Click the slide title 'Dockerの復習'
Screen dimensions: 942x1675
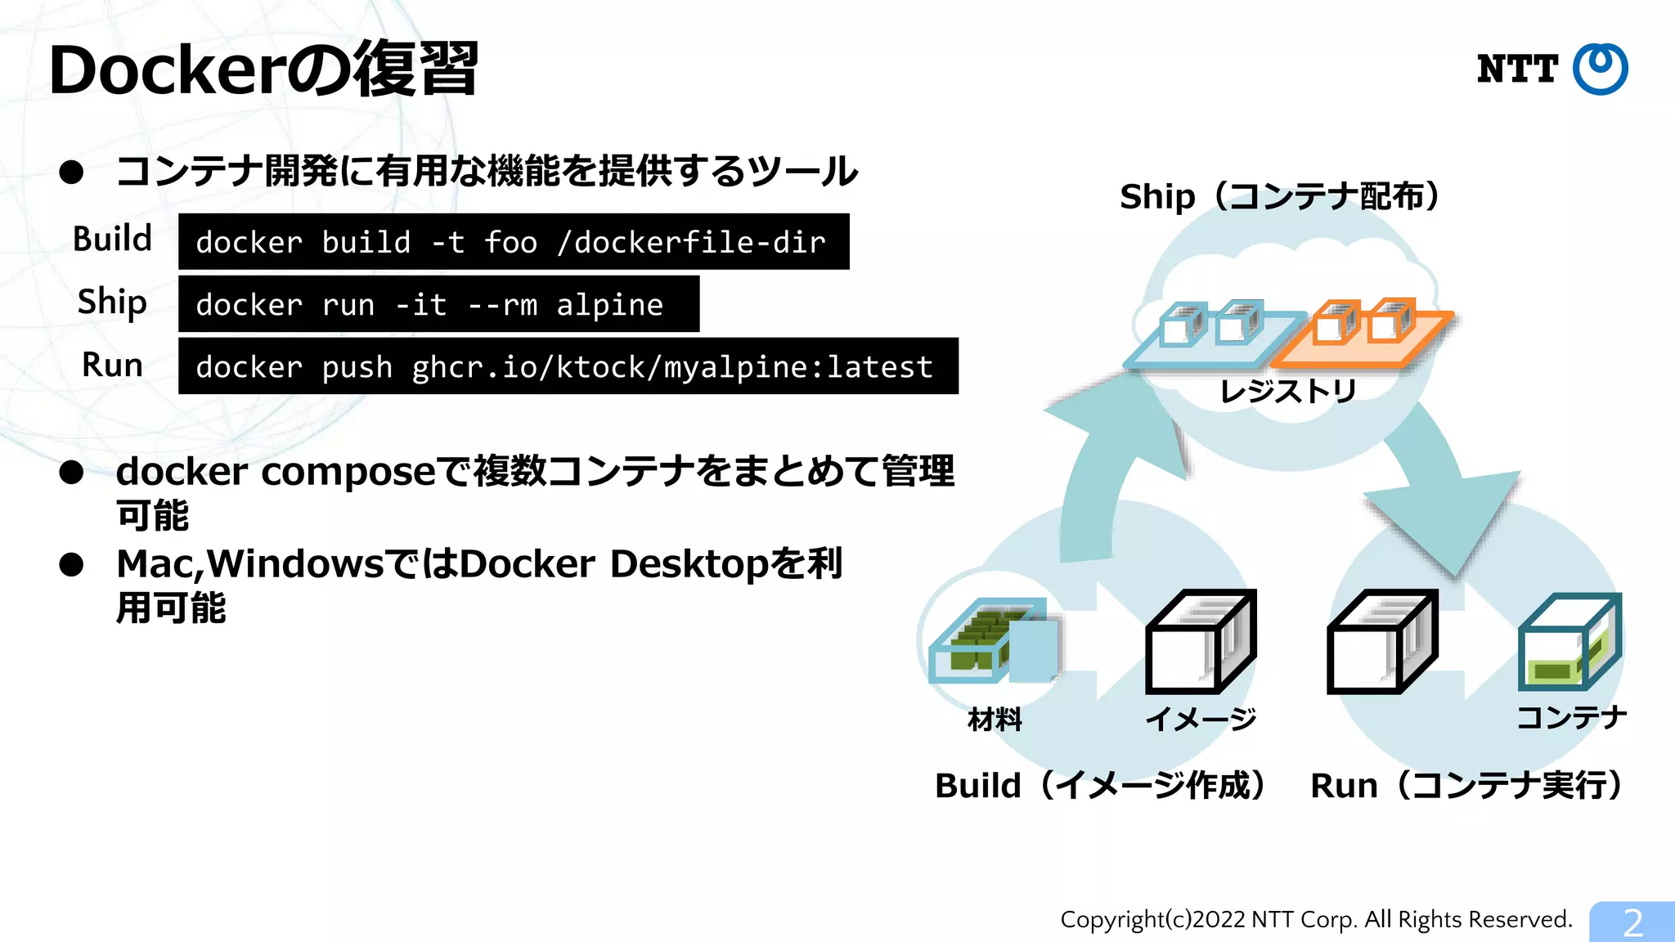point(263,70)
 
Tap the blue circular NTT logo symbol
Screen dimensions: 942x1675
point(1600,69)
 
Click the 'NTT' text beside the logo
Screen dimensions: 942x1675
point(1517,70)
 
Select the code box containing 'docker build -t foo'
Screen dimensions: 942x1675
point(514,242)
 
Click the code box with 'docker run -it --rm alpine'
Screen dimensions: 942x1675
point(438,304)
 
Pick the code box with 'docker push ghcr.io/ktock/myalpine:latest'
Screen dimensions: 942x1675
point(568,366)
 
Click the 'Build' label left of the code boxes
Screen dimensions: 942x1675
point(113,239)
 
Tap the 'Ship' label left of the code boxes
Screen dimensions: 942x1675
point(113,302)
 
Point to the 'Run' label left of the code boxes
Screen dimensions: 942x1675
point(113,365)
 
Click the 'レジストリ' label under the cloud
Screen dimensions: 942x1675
point(1288,392)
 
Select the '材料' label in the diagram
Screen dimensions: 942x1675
point(995,720)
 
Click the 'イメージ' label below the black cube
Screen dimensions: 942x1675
point(1201,720)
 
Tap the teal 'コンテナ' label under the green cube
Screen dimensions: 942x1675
point(1571,718)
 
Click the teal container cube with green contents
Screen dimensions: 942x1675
point(1569,643)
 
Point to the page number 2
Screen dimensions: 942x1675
point(1632,923)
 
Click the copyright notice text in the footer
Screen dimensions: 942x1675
point(1316,920)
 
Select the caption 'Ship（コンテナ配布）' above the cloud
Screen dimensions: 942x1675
point(1280,197)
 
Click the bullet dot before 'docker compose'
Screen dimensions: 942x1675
point(72,473)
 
